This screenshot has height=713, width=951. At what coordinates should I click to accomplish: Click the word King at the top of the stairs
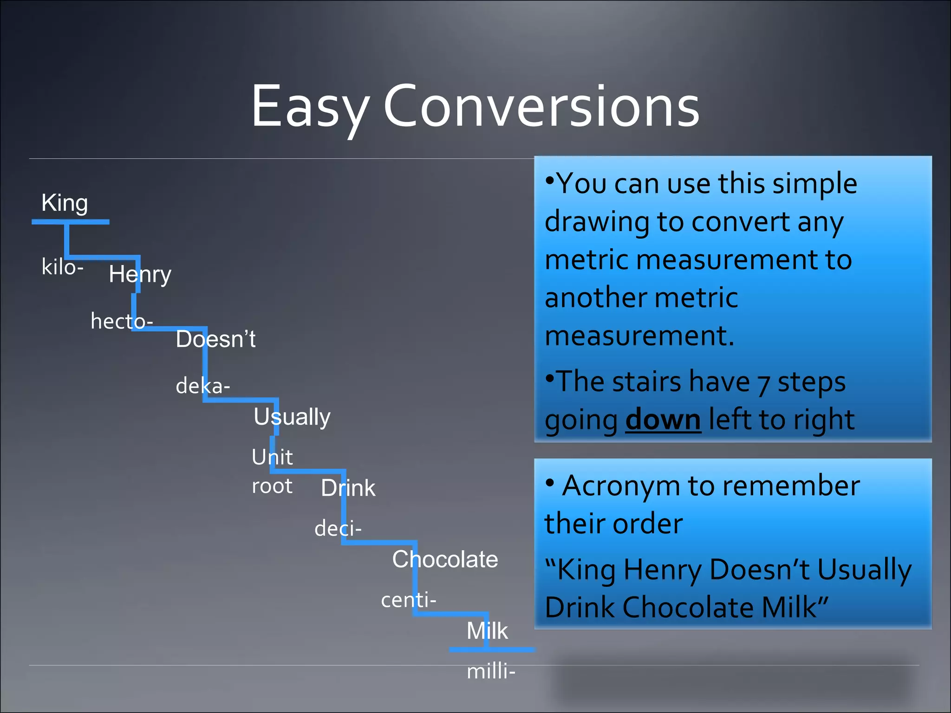[x=65, y=203]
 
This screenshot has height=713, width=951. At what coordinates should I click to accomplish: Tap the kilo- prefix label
[x=62, y=267]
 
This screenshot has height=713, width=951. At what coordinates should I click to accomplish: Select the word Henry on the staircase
[x=140, y=274]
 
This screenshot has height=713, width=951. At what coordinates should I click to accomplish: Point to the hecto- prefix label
[x=122, y=321]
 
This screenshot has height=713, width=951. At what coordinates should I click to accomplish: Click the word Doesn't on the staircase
[x=215, y=339]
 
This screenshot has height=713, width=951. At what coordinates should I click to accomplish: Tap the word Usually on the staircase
[x=292, y=417]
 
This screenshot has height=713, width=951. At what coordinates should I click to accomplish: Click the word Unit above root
[x=272, y=457]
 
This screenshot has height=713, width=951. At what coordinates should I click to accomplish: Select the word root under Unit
[x=272, y=486]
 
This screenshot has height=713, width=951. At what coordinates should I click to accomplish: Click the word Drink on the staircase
[x=348, y=488]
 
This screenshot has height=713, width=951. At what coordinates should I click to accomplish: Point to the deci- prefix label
[x=338, y=529]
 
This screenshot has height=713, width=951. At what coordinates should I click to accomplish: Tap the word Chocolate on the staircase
[x=445, y=559]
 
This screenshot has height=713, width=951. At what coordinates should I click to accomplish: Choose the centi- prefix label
[x=409, y=600]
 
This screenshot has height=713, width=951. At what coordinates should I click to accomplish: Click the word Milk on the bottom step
[x=487, y=631]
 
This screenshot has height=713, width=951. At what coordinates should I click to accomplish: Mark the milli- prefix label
[x=491, y=672]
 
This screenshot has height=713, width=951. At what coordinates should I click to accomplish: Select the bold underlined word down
[x=663, y=420]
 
